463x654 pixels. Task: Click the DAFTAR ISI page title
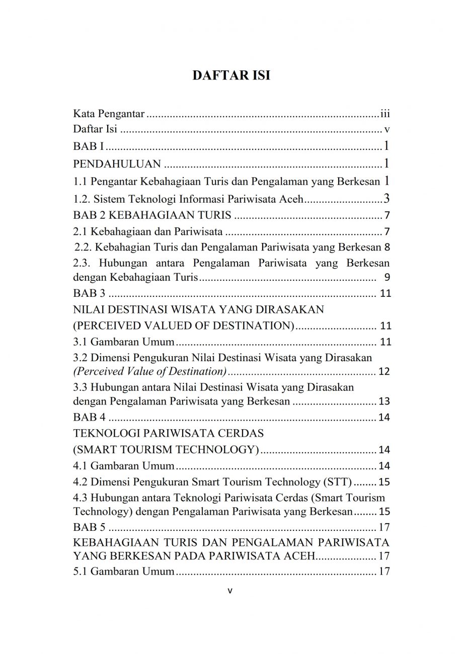pos(232,75)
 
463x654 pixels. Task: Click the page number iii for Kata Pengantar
pos(385,114)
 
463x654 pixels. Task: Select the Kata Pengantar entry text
pos(109,114)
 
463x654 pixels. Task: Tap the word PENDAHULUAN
pos(117,163)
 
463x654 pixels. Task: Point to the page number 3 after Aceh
pos(387,198)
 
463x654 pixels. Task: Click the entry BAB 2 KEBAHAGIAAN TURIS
pos(152,216)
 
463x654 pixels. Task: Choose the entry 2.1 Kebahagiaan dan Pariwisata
pos(148,232)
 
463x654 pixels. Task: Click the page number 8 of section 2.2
pos(387,248)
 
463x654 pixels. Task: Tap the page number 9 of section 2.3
pos(387,277)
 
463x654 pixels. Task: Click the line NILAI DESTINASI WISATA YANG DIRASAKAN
pos(198,309)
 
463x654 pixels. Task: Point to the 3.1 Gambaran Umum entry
pos(124,342)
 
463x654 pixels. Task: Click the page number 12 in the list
pos(384,372)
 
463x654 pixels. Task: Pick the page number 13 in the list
pos(384,401)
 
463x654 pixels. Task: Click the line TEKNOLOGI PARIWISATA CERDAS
pos(168,433)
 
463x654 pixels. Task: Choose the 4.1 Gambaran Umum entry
pos(124,465)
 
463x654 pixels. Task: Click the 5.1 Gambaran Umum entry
pos(124,571)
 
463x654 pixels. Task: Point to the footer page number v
pos(230,591)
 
